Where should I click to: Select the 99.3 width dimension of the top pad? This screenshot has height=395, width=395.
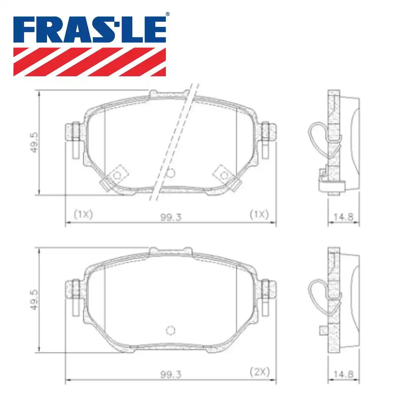[171, 217]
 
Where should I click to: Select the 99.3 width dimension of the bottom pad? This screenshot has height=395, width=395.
[171, 372]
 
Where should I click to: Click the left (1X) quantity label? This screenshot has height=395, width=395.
[83, 214]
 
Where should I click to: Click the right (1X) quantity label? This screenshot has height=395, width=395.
[259, 214]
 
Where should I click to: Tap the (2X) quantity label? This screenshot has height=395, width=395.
[260, 371]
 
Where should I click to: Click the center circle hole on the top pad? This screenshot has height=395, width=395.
[171, 173]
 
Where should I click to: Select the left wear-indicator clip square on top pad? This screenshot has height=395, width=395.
[117, 174]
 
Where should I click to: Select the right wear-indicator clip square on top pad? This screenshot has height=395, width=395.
[224, 174]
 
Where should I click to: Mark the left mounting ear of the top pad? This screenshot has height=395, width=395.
[73, 132]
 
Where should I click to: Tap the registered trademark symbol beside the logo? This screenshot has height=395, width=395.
[167, 14]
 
